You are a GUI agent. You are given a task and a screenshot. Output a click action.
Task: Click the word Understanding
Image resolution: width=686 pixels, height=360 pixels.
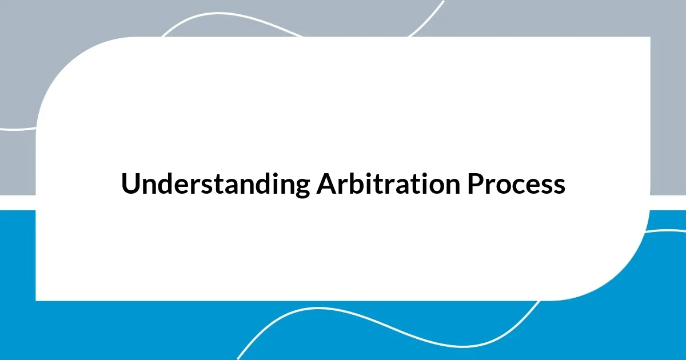point(215,185)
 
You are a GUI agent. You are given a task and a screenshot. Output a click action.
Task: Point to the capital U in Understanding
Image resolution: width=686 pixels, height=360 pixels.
point(130,184)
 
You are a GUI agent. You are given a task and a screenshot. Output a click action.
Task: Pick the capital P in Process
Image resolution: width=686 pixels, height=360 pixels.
point(476,184)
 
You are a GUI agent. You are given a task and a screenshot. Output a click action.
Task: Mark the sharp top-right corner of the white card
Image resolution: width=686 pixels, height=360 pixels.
point(649,38)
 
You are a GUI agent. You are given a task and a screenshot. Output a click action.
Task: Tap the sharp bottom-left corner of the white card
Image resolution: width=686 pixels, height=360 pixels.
point(37,299)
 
